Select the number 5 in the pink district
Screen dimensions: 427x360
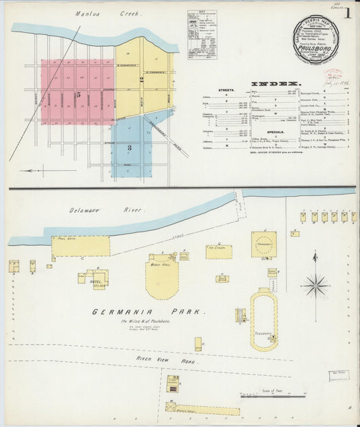[x=79, y=95]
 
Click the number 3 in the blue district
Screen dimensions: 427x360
[x=130, y=147]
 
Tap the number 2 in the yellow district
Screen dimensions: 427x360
[x=141, y=79]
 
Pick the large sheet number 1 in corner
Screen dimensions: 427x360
[x=348, y=13]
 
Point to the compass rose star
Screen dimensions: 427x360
[x=315, y=285]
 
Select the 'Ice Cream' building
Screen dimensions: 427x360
[x=219, y=252]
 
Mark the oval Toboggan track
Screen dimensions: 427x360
[x=263, y=320]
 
